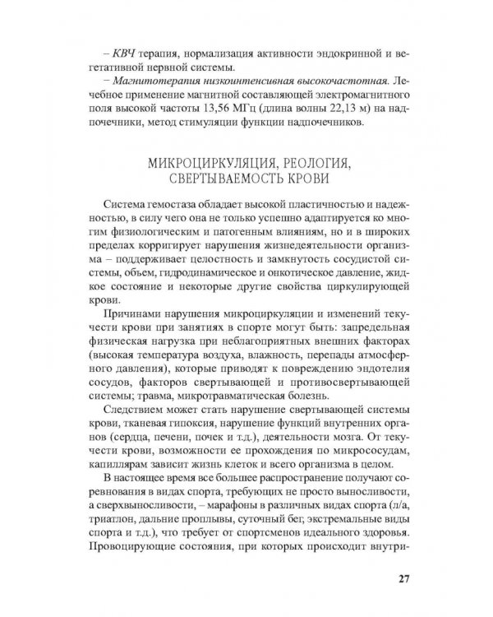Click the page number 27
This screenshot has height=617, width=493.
[x=402, y=577]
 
